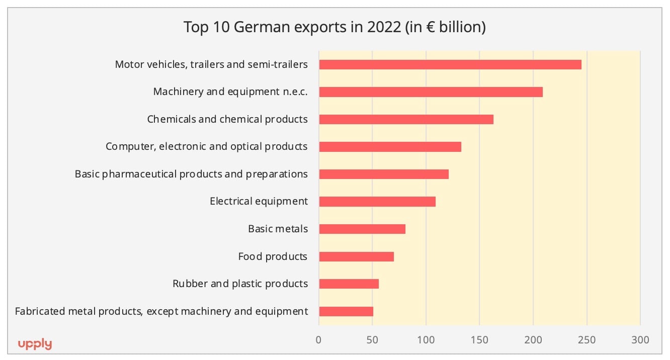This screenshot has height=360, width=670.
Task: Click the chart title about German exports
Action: pyautogui.click(x=334, y=27)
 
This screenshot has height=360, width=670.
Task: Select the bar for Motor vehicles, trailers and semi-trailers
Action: pyautogui.click(x=450, y=65)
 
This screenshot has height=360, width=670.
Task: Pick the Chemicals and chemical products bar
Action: pyautogui.click(x=406, y=120)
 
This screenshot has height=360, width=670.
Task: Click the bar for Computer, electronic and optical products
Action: pyautogui.click(x=390, y=147)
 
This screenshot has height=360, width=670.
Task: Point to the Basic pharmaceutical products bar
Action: pyautogui.click(x=384, y=174)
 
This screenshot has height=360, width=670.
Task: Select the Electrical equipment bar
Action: pyautogui.click(x=377, y=202)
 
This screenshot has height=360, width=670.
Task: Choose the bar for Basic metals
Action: pyautogui.click(x=362, y=229)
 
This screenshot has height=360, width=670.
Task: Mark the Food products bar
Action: pyautogui.click(x=356, y=256)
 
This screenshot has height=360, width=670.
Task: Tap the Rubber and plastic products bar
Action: pyautogui.click(x=349, y=284)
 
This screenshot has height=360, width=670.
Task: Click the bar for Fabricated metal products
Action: pyautogui.click(x=346, y=311)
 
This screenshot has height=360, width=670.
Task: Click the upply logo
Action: pyautogui.click(x=35, y=344)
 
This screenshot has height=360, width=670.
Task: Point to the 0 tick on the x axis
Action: pyautogui.click(x=318, y=340)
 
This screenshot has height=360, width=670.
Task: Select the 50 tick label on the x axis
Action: pyautogui.click(x=372, y=340)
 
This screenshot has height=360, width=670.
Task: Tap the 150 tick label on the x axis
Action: pyautogui.click(x=479, y=340)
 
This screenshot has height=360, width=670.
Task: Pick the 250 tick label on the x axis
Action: pyautogui.click(x=587, y=340)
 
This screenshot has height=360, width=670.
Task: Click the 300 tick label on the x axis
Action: pyautogui.click(x=640, y=340)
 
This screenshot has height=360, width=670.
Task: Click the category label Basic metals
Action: pyautogui.click(x=278, y=229)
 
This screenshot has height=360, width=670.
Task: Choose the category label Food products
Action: pyautogui.click(x=273, y=256)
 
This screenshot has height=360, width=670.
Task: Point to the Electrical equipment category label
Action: pyautogui.click(x=259, y=202)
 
